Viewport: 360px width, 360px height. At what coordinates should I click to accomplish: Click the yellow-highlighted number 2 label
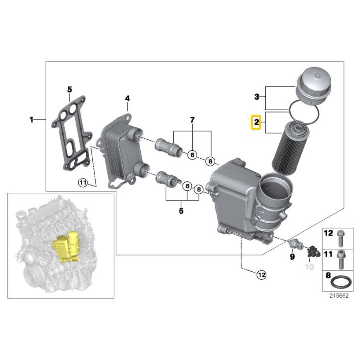(x=256, y=122)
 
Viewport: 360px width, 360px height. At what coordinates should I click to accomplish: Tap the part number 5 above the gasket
(x=70, y=90)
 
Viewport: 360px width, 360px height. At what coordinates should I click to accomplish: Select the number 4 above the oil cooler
(x=127, y=99)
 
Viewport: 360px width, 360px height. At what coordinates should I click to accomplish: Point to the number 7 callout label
(x=192, y=120)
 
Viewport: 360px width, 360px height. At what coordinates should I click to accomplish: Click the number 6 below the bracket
(x=181, y=211)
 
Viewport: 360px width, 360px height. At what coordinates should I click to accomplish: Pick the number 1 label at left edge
(x=32, y=120)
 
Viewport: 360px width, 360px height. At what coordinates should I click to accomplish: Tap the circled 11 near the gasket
(x=83, y=183)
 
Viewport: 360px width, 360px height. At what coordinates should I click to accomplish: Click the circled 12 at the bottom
(x=261, y=275)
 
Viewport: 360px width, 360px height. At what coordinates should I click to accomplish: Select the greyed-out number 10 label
(x=309, y=267)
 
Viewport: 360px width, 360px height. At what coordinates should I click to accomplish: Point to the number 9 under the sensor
(x=292, y=256)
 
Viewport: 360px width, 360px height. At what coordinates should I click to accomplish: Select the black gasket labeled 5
(x=71, y=134)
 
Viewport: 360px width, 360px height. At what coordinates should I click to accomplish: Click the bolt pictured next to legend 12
(x=340, y=238)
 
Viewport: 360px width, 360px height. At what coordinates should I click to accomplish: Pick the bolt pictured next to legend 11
(x=341, y=259)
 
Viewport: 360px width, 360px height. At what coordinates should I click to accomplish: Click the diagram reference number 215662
(x=339, y=296)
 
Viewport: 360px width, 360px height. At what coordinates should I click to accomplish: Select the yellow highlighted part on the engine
(x=66, y=247)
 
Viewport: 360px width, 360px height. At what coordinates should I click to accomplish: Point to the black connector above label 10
(x=313, y=252)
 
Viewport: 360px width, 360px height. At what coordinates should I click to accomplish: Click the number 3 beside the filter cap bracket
(x=257, y=97)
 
